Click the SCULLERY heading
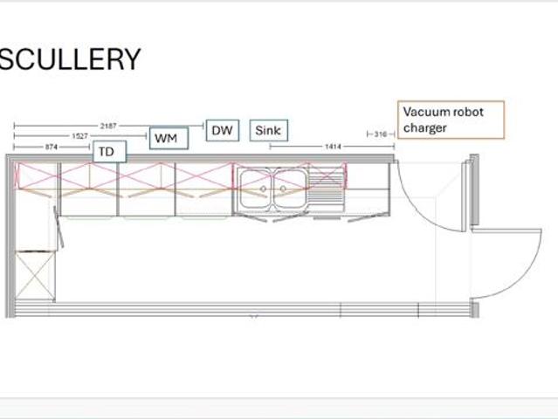[70, 58]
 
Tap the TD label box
[110, 152]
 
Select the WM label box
[169, 138]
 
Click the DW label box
[223, 131]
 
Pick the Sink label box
[269, 131]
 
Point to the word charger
[425, 127]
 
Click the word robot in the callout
[468, 112]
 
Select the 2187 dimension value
[108, 126]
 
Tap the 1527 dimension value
[80, 136]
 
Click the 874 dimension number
[52, 147]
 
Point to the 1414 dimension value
[333, 147]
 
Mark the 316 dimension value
[381, 134]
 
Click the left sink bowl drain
[264, 189]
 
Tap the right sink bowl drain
[283, 189]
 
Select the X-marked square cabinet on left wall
[35, 275]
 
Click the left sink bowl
[256, 189]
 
